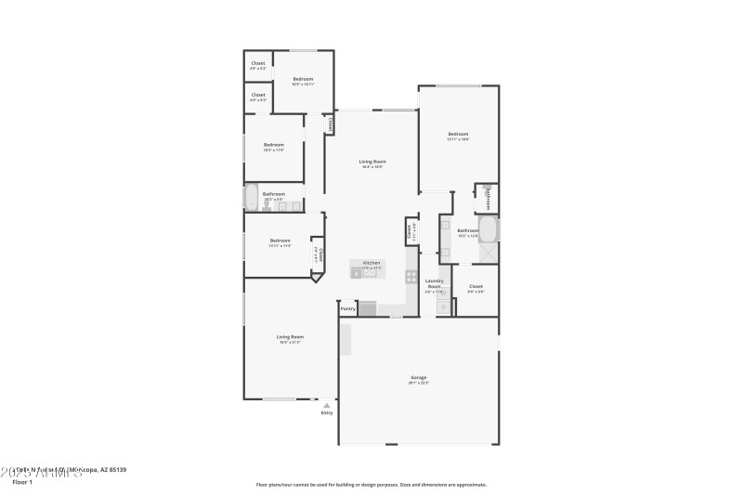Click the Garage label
click(419, 377)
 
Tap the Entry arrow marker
click(326, 405)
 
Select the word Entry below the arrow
click(326, 412)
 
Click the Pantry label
click(347, 308)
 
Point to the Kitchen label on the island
click(371, 263)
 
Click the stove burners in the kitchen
click(411, 276)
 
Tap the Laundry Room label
click(434, 282)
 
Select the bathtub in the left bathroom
click(251, 197)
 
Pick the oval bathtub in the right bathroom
click(488, 228)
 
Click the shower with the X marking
click(488, 252)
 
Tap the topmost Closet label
click(258, 63)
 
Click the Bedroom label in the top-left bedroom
click(303, 79)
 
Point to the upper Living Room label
click(371, 162)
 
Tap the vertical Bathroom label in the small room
click(489, 198)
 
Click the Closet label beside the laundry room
click(476, 286)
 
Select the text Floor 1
click(21, 482)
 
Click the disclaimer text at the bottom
click(371, 484)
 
